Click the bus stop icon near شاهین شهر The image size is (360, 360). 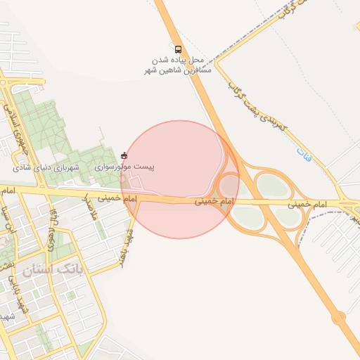coord(178,50)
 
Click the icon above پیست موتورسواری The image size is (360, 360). coord(124,155)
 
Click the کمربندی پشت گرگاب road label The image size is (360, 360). coord(257,105)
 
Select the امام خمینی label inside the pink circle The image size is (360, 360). coord(212,201)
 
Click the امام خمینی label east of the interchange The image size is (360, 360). coord(308,203)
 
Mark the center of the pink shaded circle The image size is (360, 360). coord(180,179)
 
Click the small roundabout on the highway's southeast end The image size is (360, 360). coord(340,318)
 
